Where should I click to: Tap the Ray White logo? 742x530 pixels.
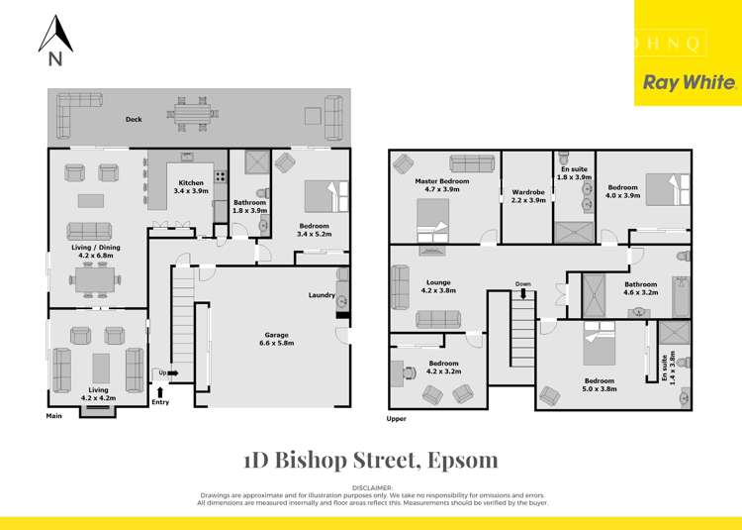(x=690, y=83)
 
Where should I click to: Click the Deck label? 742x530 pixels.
(x=134, y=119)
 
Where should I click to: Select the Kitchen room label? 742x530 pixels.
(x=191, y=186)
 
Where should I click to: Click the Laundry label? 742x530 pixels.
(x=322, y=294)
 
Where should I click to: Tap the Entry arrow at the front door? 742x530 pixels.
(x=160, y=394)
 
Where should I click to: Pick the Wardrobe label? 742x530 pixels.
(x=529, y=195)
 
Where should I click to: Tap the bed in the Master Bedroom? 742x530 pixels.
(x=433, y=220)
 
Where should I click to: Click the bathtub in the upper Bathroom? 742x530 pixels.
(x=681, y=296)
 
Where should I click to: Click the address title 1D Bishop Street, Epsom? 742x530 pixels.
(x=370, y=460)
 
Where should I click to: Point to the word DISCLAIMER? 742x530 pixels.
(x=371, y=487)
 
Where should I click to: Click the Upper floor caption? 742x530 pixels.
(x=395, y=419)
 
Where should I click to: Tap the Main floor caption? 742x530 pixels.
(x=54, y=416)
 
